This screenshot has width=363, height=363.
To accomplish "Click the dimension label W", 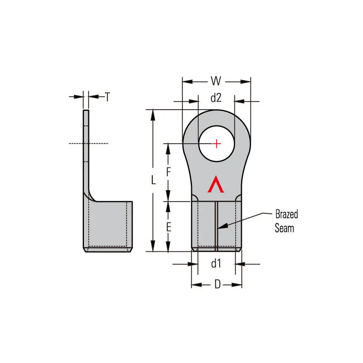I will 216,81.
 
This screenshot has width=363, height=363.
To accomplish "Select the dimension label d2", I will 216,98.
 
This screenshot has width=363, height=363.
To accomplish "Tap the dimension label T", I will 107,97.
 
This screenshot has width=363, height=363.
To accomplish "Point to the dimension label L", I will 154,180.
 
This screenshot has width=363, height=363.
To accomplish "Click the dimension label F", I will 168,172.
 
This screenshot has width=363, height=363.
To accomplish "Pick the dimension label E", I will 168,227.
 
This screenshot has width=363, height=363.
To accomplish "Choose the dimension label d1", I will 216,263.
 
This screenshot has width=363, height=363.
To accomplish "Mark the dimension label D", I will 217,285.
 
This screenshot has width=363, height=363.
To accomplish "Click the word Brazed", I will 286,215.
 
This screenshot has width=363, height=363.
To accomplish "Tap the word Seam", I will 284,228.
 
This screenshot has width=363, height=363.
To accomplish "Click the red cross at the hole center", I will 217,143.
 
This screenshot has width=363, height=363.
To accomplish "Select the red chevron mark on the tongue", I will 216,184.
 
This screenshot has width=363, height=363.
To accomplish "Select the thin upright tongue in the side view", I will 86,150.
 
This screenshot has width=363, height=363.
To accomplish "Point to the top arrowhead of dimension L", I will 152,113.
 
